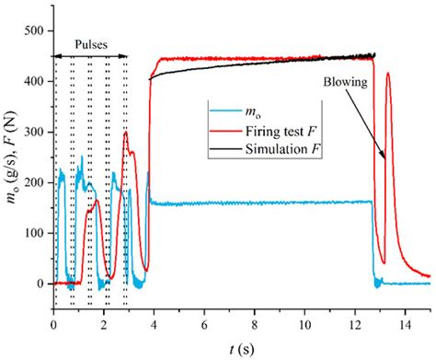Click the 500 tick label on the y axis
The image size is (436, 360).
click(34, 31)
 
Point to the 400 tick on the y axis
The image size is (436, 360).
click(34, 82)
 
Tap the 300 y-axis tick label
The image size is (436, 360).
click(34, 133)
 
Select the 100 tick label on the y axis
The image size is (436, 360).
click(34, 233)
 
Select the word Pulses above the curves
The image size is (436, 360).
click(90, 44)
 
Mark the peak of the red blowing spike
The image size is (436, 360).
click(388, 74)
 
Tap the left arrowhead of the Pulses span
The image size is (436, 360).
click(56, 57)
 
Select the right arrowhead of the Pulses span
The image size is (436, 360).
click(126, 57)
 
